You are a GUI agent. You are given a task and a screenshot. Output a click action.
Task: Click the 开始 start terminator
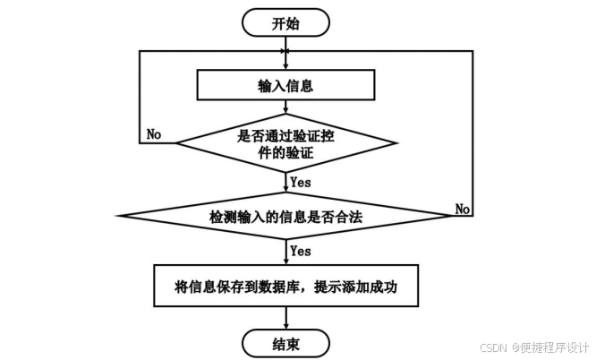coord(285,23)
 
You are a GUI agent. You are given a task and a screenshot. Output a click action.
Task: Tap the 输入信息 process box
coord(285,87)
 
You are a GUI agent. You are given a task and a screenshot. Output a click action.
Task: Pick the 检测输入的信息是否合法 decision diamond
coord(285,216)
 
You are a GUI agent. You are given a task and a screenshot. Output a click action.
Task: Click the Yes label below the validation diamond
coord(301,181)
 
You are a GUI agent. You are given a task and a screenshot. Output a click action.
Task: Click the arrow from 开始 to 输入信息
coord(285,54)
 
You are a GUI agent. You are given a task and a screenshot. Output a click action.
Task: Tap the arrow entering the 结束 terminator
coord(285,318)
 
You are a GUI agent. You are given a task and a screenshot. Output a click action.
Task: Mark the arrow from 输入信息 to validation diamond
coord(285,110)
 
